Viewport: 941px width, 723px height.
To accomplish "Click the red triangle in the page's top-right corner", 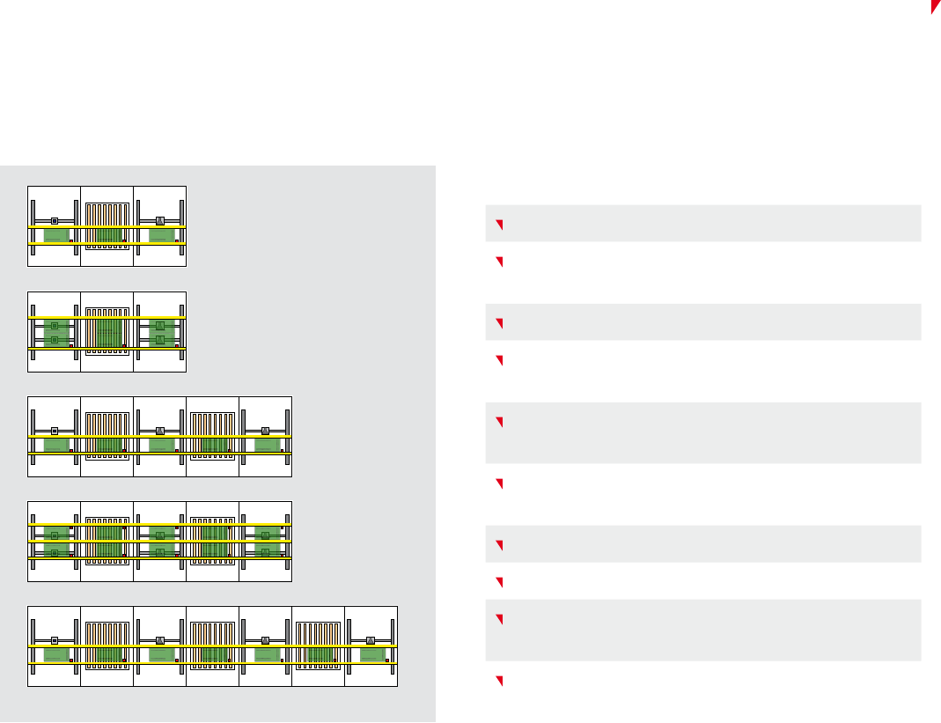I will click(x=935, y=6).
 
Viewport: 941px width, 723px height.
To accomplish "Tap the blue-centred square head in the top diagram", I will click(x=55, y=220).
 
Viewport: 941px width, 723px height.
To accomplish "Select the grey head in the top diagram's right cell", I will click(x=160, y=220).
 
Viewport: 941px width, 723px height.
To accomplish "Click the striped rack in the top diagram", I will click(x=107, y=226).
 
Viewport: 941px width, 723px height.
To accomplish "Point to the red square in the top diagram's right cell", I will click(x=176, y=240).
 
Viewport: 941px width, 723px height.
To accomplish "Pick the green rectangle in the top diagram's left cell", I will click(x=56, y=235).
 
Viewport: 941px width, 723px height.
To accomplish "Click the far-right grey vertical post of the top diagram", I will click(x=182, y=226).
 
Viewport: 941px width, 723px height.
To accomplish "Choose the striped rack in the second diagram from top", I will click(x=107, y=331).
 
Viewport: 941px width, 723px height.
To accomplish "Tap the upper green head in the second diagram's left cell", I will click(x=55, y=325).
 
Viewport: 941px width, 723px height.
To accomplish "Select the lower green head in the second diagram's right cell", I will click(x=160, y=339).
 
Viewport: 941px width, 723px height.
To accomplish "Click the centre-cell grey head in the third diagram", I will click(x=160, y=431).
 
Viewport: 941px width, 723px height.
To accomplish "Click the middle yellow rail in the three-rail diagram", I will click(x=159, y=542).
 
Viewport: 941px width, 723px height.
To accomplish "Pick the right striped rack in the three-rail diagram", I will click(x=213, y=541).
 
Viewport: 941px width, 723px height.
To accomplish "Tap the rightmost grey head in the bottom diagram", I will click(x=371, y=640).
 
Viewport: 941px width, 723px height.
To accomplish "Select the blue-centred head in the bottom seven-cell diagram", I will click(x=55, y=640).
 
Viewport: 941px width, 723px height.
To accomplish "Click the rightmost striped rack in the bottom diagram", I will click(x=319, y=646).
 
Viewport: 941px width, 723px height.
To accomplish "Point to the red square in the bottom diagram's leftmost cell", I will click(x=70, y=660).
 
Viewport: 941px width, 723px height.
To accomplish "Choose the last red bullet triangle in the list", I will click(x=498, y=682).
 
